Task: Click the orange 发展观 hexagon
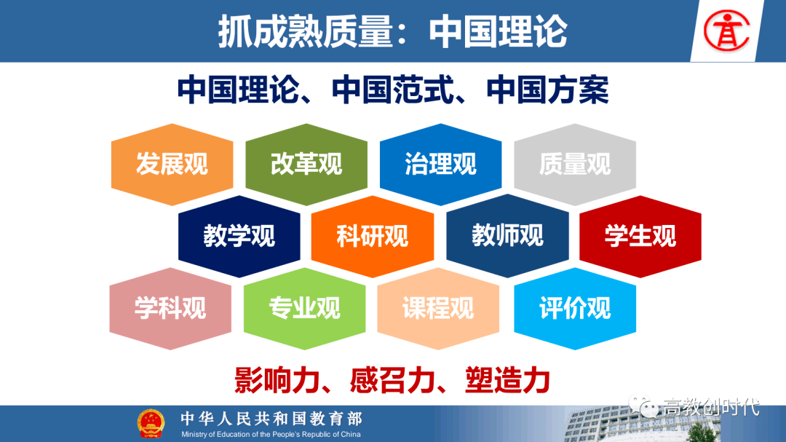[172, 164]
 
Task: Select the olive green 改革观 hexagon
[306, 164]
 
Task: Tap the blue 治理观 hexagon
[440, 164]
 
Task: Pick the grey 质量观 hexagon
[575, 164]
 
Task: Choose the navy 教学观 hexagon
[239, 236]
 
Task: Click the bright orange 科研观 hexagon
[373, 236]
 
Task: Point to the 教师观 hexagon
[507, 236]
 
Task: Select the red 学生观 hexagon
[640, 236]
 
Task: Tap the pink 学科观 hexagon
[170, 308]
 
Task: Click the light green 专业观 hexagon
[305, 308]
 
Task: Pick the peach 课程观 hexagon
[438, 308]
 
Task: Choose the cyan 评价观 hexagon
[575, 308]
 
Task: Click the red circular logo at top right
[726, 31]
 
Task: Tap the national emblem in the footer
[151, 424]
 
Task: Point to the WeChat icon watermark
[643, 406]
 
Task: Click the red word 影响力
[277, 380]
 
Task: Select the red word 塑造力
[507, 380]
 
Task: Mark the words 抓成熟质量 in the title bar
[306, 31]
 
